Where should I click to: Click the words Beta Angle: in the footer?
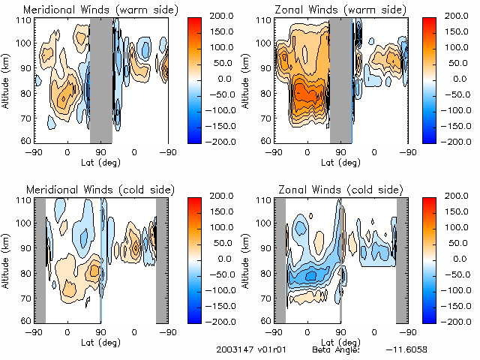pyautogui.click(x=336, y=349)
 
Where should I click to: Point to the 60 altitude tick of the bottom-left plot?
pyautogui.click(x=25, y=321)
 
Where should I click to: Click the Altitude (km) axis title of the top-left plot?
pyautogui.click(x=7, y=81)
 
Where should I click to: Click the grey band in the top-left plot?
pyautogui.click(x=101, y=81)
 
